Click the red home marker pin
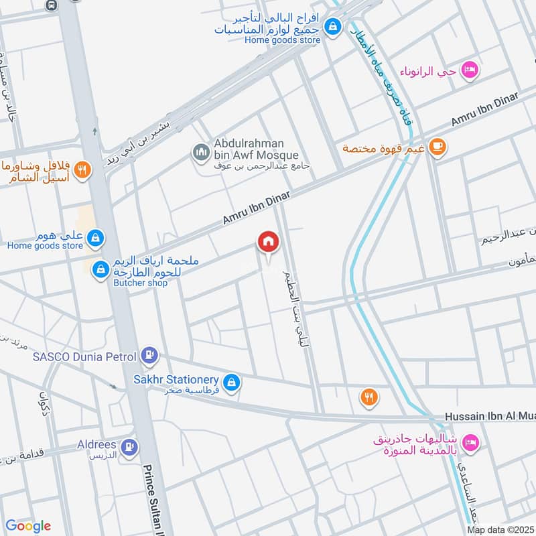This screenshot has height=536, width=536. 268,242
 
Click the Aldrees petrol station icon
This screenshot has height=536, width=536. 131,446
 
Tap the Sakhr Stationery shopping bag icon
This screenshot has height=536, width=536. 231,381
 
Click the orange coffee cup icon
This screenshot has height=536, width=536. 437,147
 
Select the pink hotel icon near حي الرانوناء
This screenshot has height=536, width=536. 470,70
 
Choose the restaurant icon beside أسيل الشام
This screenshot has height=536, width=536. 82,170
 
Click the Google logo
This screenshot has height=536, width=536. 27,526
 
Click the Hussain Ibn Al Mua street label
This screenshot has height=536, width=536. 489,417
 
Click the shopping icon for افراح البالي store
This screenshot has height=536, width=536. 331,27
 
